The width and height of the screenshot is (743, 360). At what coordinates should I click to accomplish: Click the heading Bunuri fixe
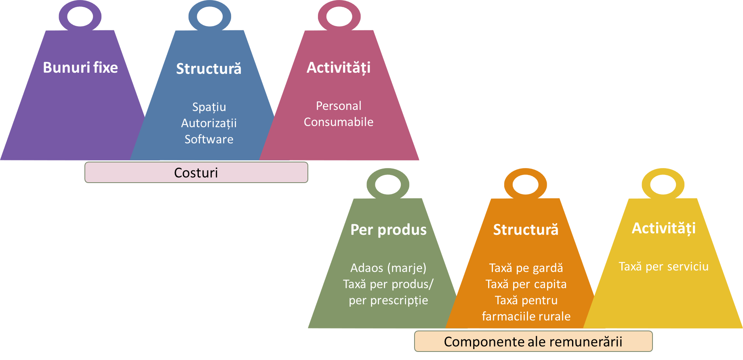click(80, 67)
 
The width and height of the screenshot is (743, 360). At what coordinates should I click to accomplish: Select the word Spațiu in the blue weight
click(209, 107)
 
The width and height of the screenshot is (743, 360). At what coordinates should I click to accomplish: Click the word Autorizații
click(209, 123)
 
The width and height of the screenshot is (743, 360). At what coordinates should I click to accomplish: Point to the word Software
click(209, 139)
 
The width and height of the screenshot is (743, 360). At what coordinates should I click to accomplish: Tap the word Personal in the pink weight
click(339, 106)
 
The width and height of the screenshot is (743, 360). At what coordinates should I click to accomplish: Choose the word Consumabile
click(339, 122)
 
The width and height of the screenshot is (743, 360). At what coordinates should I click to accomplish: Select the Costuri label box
click(196, 173)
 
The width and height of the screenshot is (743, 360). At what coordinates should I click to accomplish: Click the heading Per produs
click(388, 230)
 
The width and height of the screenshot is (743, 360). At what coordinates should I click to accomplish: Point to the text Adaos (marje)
click(388, 268)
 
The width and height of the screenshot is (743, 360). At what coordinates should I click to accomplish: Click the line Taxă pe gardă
click(526, 268)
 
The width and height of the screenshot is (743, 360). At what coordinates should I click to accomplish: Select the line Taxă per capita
click(526, 284)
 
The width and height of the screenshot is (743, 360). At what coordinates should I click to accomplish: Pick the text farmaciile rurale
click(526, 316)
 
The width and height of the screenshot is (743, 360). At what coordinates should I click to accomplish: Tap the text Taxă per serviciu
click(664, 267)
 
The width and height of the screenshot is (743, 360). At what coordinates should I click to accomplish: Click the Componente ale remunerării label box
click(533, 341)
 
